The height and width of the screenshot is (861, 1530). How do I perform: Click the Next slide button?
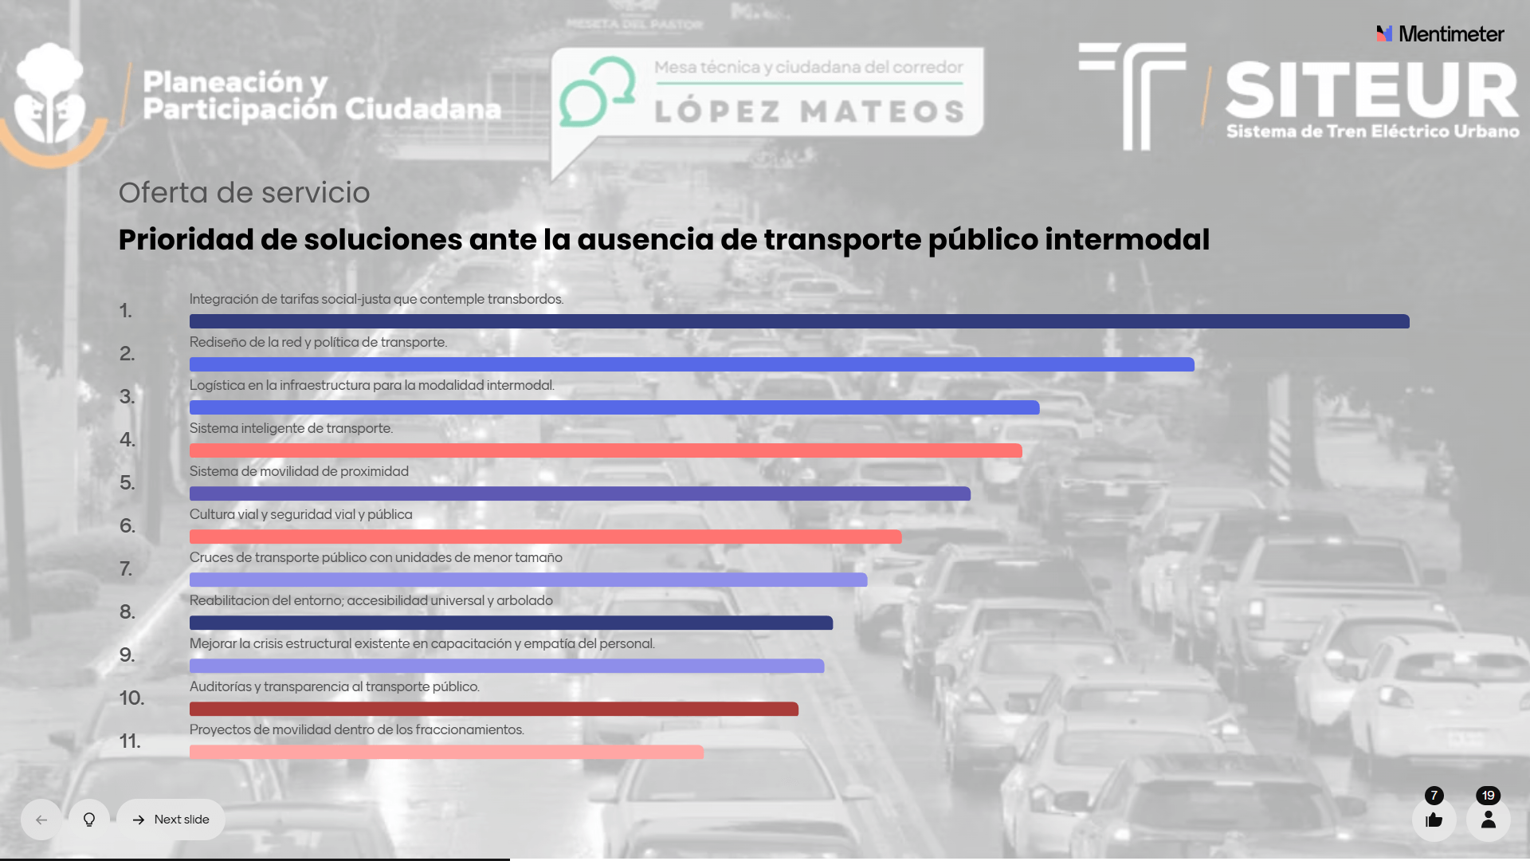point(171,820)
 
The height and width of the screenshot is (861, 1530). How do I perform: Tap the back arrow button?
point(41,820)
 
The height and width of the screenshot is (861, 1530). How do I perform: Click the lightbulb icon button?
point(89,820)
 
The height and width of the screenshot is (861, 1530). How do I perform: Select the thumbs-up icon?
point(1434,820)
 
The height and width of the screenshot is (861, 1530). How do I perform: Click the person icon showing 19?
point(1488,820)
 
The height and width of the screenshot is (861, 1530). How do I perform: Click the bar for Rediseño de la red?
point(692,364)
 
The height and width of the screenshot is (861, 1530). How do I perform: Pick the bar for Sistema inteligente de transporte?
point(606,450)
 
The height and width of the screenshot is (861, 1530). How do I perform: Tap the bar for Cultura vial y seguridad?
point(545,537)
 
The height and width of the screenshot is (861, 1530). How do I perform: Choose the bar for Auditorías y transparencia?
point(494,709)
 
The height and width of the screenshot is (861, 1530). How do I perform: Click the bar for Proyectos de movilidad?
point(446,752)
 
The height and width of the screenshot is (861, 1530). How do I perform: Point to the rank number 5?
point(127,482)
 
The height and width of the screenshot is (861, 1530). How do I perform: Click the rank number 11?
point(130,741)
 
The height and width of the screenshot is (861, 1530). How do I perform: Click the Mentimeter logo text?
point(1450,33)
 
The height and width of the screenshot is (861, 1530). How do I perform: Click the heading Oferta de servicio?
point(244,192)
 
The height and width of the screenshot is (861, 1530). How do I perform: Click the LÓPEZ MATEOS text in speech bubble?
point(810,112)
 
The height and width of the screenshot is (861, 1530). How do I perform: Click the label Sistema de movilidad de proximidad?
point(299,471)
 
